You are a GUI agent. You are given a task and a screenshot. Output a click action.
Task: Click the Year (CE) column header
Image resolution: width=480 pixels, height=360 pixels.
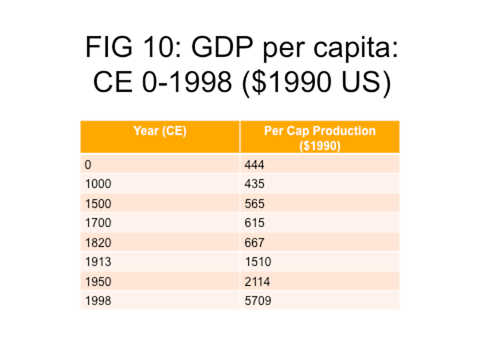160,131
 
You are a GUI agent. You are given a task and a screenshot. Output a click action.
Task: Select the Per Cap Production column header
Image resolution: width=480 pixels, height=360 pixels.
319,137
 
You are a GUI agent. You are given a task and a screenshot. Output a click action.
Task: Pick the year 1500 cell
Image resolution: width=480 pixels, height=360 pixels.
98,203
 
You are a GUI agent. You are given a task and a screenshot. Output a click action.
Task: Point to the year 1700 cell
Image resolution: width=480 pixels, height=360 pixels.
98,223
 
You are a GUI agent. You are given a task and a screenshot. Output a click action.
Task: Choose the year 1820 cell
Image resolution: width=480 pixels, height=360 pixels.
98,242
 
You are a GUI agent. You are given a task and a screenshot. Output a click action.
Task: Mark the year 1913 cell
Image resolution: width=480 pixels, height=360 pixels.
98,262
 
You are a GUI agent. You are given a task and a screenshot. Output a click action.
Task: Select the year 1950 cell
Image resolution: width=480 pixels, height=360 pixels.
98,281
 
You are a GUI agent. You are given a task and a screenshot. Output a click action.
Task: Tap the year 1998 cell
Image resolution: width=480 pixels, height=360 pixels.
98,301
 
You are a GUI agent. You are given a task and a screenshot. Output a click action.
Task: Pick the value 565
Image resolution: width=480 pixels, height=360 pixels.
254,203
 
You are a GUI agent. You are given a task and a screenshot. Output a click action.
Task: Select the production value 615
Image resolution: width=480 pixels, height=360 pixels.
254,223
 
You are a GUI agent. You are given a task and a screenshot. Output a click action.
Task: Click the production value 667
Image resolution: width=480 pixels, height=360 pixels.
254,242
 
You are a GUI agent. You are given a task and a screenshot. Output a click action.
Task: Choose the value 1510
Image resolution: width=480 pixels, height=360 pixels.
257,262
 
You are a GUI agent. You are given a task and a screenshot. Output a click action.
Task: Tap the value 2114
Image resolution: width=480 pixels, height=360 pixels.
257,281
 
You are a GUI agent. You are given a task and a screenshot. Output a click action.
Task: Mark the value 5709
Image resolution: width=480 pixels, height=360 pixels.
257,301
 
